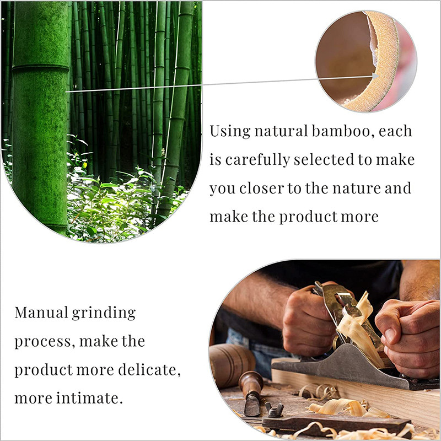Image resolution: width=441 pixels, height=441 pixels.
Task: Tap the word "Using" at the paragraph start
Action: point(230,132)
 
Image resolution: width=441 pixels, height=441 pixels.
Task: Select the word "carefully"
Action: point(257,160)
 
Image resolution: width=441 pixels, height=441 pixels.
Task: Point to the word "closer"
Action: point(262,188)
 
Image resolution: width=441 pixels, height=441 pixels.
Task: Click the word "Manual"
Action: point(41,313)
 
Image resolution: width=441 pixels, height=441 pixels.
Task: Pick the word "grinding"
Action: point(104,313)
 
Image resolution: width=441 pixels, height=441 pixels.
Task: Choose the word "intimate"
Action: point(89,398)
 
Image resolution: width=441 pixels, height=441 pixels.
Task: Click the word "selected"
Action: point(324,160)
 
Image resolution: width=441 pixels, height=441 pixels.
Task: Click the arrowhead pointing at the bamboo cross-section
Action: point(375,76)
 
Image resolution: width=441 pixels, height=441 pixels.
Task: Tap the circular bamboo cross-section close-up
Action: point(366,61)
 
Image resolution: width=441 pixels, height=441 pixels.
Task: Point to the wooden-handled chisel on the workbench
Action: point(251,392)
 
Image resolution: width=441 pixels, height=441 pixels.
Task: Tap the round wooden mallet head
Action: point(232,365)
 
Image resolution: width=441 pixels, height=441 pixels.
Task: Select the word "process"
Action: point(43,342)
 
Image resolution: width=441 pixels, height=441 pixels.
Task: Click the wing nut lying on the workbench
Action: point(274,409)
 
